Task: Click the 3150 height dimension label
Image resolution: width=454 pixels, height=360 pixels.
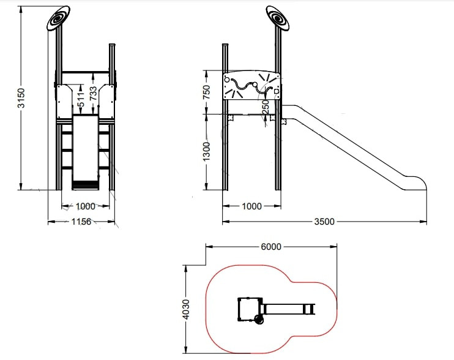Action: [21, 98]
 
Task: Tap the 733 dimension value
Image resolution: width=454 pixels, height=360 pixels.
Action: [93, 93]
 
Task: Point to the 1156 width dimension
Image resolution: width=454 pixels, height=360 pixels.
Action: [81, 222]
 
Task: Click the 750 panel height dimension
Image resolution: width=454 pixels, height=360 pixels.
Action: [206, 92]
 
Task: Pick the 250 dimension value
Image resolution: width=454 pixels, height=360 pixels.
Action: [265, 107]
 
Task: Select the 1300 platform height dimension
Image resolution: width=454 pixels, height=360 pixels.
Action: [206, 152]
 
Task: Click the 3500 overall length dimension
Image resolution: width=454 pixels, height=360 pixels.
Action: [324, 222]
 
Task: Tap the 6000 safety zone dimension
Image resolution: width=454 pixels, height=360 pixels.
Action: [271, 247]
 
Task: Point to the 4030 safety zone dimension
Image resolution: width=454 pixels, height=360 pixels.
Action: [187, 309]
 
